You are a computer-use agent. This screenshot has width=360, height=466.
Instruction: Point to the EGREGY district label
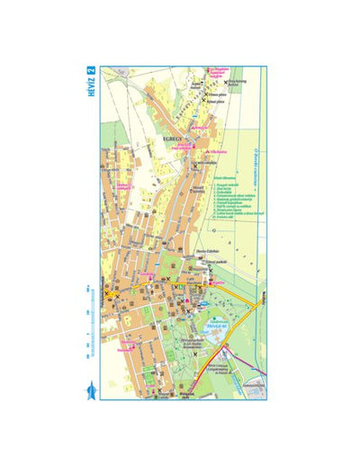tap(174, 139)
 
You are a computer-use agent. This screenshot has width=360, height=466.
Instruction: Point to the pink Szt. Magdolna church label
tap(220, 72)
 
